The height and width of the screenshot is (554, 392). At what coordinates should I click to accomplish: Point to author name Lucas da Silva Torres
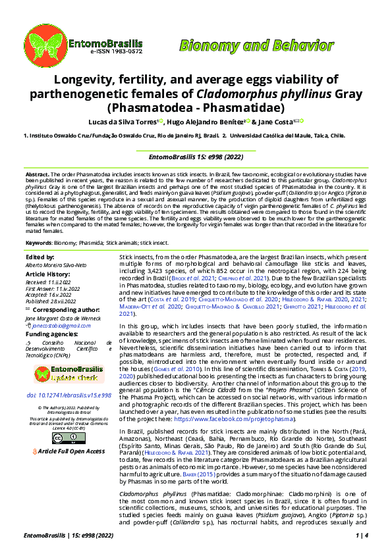coord(136,122)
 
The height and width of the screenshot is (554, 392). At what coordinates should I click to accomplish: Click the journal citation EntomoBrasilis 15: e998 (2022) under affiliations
coord(195,157)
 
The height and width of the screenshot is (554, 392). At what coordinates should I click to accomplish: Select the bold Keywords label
coord(38,243)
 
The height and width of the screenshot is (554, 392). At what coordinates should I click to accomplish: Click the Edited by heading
coord(40,257)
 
